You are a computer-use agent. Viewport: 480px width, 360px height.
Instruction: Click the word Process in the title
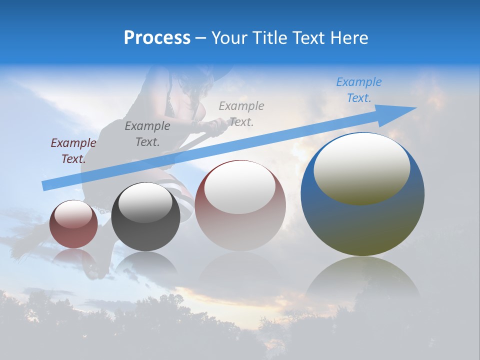157,38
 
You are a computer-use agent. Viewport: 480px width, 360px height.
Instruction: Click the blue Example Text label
358,90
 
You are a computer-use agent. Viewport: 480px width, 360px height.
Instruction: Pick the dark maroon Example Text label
73,150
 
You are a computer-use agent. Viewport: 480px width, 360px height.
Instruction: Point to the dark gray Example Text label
147,133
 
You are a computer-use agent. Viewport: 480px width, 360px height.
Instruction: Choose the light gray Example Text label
241,113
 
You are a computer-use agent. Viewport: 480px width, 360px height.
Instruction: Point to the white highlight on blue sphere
361,167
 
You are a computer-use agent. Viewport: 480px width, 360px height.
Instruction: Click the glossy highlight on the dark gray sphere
145,201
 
